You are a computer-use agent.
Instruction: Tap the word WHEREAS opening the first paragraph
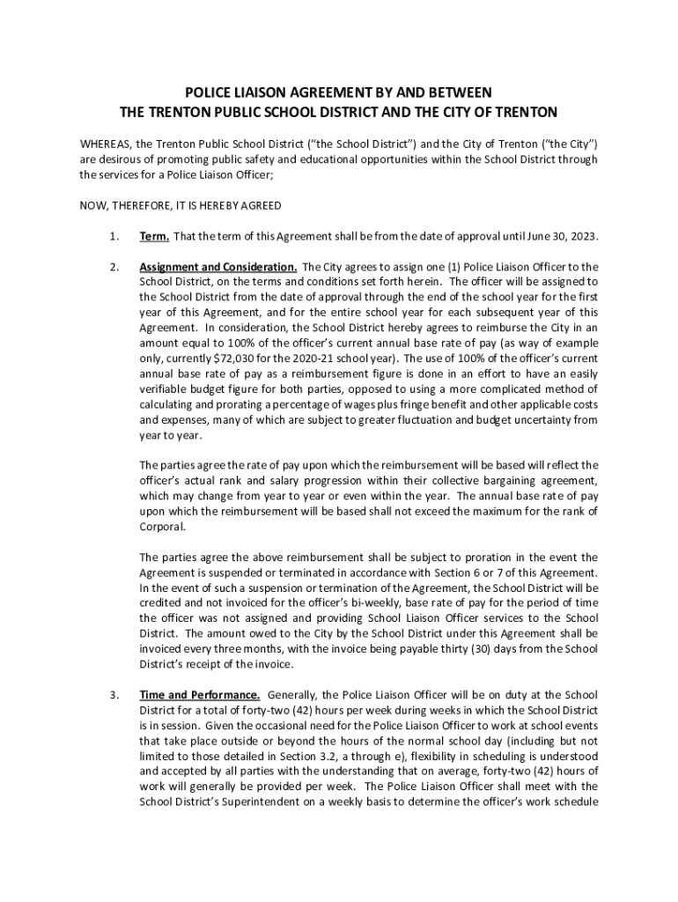(105, 144)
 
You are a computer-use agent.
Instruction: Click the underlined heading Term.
(154, 236)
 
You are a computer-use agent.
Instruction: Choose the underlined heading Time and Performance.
(199, 694)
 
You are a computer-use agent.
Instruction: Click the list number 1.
(113, 236)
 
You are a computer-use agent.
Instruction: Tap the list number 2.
(113, 266)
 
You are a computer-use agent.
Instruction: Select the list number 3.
(113, 694)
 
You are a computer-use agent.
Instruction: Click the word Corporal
(163, 527)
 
